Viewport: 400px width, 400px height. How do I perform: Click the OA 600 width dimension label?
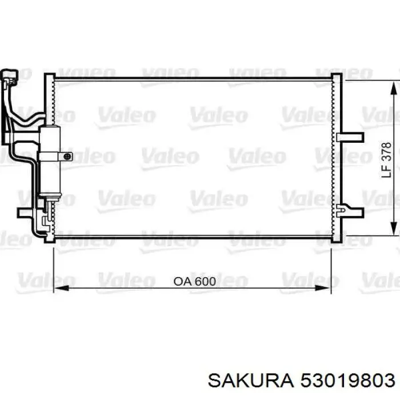click(x=195, y=282)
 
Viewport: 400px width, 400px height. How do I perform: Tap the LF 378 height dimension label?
click(x=386, y=160)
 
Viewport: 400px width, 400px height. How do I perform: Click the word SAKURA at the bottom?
click(x=251, y=381)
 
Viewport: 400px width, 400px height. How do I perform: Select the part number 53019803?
click(x=348, y=381)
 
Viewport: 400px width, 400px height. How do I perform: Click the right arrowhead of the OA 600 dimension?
click(x=323, y=288)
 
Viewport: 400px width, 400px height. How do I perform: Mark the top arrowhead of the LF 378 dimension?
click(x=394, y=89)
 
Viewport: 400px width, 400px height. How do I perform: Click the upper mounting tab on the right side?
click(x=350, y=137)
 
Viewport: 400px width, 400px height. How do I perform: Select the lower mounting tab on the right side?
click(x=350, y=211)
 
